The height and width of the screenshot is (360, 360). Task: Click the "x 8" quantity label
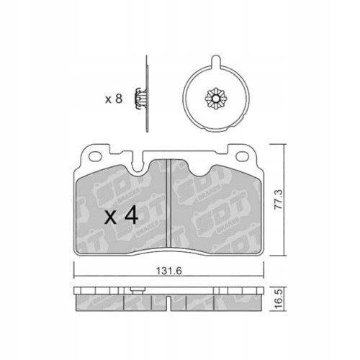pyautogui.click(x=113, y=99)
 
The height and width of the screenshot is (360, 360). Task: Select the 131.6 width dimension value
pyautogui.click(x=168, y=273)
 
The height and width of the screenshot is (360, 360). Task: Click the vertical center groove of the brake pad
pyautogui.click(x=168, y=205)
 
